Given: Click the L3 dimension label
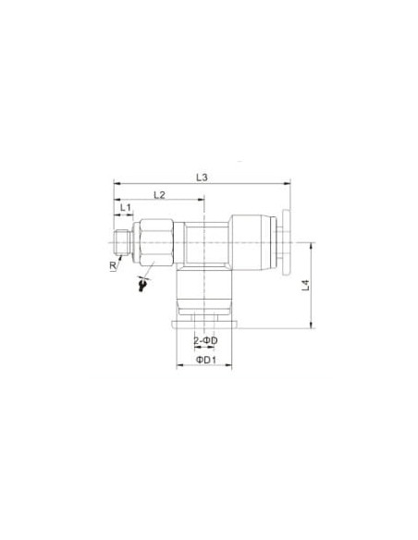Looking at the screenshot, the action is pyautogui.click(x=203, y=178).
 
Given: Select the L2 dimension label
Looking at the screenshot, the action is pyautogui.click(x=159, y=195).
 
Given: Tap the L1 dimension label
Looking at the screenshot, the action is pyautogui.click(x=126, y=208).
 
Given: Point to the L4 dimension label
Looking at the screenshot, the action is pyautogui.click(x=306, y=286).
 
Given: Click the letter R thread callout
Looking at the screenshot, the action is pyautogui.click(x=113, y=265).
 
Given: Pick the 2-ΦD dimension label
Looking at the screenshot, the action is pyautogui.click(x=205, y=341).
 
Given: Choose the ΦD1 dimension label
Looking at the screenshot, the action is pyautogui.click(x=206, y=361).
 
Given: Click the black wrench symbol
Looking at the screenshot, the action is pyautogui.click(x=142, y=285).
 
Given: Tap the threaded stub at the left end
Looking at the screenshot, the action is pyautogui.click(x=122, y=243).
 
